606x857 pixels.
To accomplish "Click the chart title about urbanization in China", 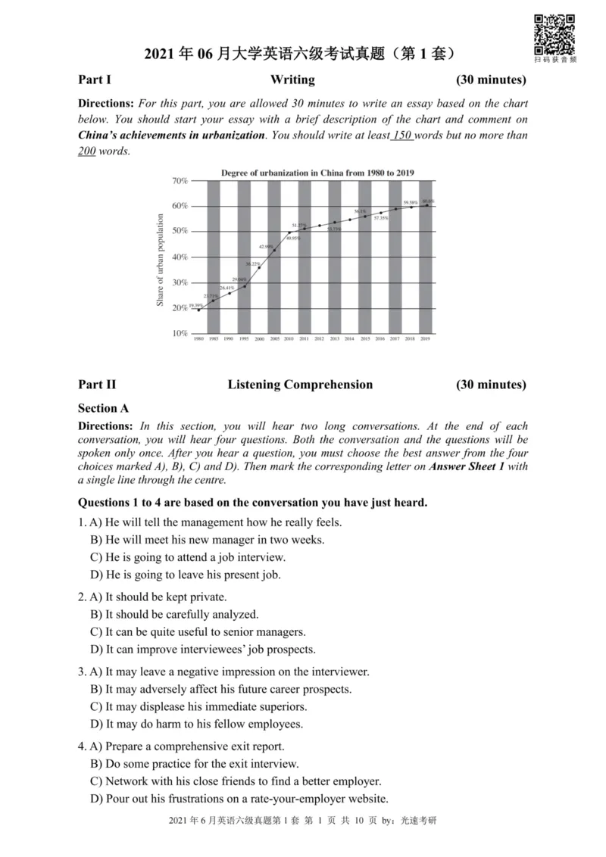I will [x=317, y=173].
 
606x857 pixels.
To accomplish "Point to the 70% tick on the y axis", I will [x=180, y=181].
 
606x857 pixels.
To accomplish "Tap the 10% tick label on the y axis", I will [x=180, y=333].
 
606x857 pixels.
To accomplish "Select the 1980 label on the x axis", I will [x=198, y=340].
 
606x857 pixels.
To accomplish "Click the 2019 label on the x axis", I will [x=425, y=340].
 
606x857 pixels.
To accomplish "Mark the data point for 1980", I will [x=199, y=310].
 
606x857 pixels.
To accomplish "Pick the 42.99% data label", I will [x=266, y=247].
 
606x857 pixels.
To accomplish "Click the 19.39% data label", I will [x=196, y=304].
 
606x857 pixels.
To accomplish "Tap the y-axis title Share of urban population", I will [x=161, y=260].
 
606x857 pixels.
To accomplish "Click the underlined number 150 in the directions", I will [x=401, y=136].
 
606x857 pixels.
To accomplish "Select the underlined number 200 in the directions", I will [x=88, y=151].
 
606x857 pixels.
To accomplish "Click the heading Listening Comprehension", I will [x=300, y=385].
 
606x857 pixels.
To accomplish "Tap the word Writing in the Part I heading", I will [x=292, y=79].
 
